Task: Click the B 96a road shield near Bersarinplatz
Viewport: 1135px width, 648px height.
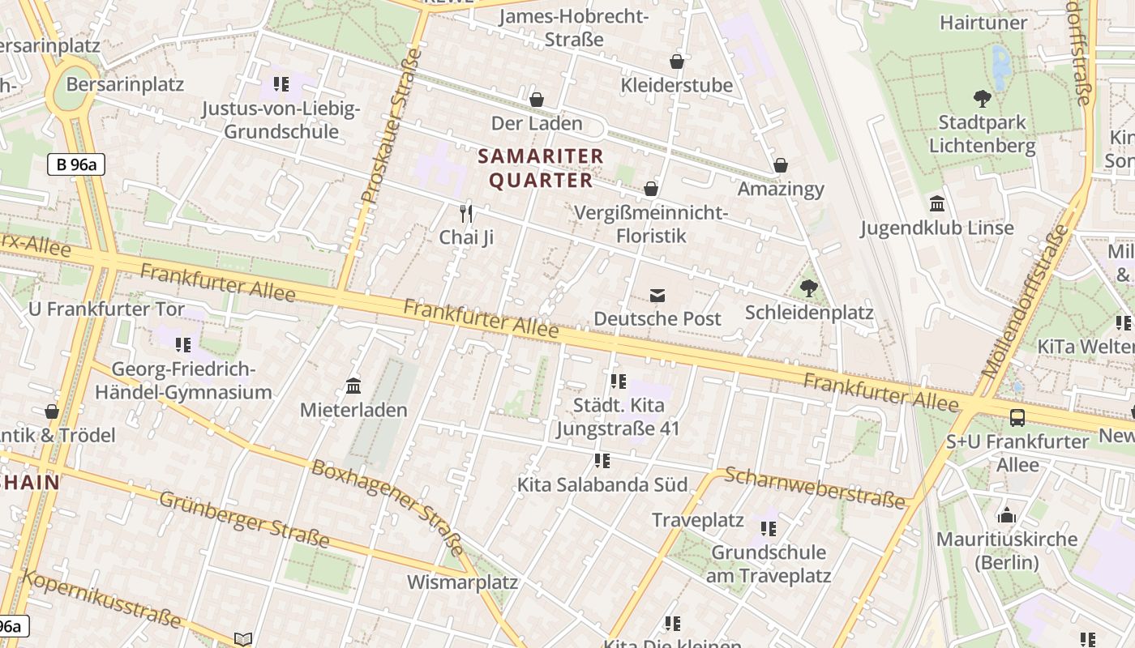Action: (76, 164)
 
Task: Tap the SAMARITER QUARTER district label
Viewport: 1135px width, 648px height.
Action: (541, 168)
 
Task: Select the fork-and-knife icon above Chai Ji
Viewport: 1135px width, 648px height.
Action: (466, 214)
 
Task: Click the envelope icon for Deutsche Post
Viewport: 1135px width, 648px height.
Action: (657, 296)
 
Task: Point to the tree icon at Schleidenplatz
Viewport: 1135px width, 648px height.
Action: (808, 288)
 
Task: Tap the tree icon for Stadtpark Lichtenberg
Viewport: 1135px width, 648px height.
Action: (982, 100)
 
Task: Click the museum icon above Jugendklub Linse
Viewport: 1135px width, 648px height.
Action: (937, 204)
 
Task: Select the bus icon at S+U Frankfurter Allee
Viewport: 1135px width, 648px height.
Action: (1017, 418)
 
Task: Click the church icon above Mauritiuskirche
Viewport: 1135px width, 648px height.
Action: (1007, 515)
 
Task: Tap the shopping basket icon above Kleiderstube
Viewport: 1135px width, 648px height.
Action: (676, 62)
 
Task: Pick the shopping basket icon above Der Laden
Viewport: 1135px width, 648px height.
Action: (536, 100)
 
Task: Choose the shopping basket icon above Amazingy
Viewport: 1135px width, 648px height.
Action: (781, 165)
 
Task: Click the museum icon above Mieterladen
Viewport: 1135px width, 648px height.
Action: (353, 386)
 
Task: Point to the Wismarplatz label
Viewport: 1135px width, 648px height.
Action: (462, 582)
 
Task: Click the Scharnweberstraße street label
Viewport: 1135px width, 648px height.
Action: (814, 488)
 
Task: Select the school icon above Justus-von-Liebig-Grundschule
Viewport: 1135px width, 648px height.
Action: (281, 84)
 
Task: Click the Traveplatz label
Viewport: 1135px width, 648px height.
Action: (697, 520)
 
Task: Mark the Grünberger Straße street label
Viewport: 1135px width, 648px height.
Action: (244, 519)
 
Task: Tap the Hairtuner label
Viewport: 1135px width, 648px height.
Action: (983, 23)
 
